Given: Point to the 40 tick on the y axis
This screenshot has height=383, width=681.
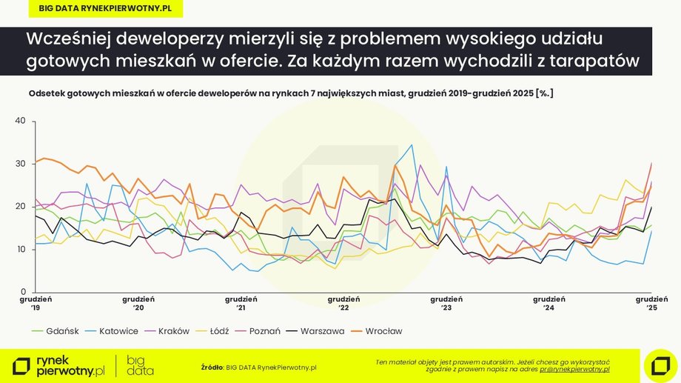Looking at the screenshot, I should (20, 121).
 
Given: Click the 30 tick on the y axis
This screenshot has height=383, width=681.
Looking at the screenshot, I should (20, 164).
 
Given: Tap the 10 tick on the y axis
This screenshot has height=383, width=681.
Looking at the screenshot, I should (20, 250).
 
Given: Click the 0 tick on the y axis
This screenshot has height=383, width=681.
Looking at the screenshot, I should (23, 292).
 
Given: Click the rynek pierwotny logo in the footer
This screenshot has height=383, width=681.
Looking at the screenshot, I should (59, 365).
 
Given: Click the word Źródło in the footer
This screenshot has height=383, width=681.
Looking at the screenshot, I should (212, 367).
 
